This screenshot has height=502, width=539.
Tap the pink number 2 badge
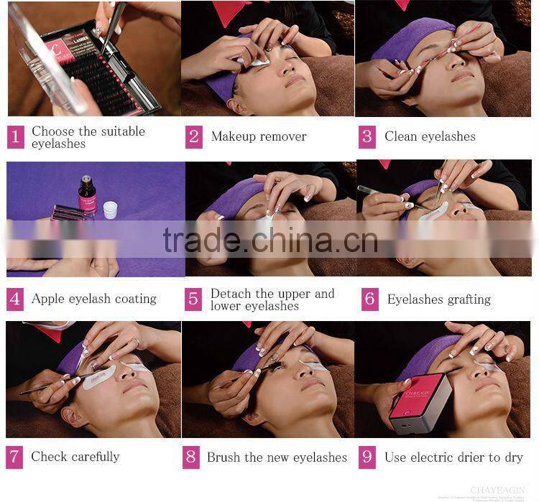pyautogui.click(x=193, y=136)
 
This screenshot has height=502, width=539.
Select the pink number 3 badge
pyautogui.click(x=367, y=136)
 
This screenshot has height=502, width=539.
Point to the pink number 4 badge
pyautogui.click(x=15, y=299)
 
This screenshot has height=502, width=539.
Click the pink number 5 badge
pyautogui.click(x=193, y=299)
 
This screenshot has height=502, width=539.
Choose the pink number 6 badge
pyautogui.click(x=369, y=299)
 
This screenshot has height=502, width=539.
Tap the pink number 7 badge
pyautogui.click(x=15, y=457)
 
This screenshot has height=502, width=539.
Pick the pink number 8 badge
pyautogui.click(x=191, y=457)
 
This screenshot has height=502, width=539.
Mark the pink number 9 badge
pyautogui.click(x=367, y=457)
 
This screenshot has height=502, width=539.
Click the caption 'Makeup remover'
pyautogui.click(x=259, y=136)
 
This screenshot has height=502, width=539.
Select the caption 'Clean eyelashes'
pyautogui.click(x=430, y=136)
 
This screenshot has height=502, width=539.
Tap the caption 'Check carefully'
pyautogui.click(x=75, y=457)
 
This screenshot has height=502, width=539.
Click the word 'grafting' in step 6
pyautogui.click(x=465, y=299)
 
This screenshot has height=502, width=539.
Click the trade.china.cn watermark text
pyautogui.click(x=269, y=241)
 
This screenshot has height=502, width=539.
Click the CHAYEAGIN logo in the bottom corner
pyautogui.click(x=497, y=490)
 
